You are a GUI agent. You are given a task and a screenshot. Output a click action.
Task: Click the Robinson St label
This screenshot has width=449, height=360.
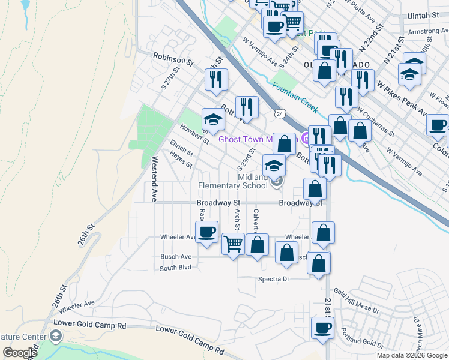coord(174,60)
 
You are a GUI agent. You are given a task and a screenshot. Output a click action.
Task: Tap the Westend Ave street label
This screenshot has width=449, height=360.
coord(154,179)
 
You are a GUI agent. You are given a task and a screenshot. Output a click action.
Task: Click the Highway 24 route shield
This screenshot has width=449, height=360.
coord(279,113)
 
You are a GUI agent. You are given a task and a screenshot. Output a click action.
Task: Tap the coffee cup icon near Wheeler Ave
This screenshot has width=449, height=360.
coord(207,232)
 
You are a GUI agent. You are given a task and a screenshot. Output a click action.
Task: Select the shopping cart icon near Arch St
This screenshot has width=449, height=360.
coord(233,244)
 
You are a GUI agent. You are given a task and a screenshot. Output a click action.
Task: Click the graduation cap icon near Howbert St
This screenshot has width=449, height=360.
coord(212,119)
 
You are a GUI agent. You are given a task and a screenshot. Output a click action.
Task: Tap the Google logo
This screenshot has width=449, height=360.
coord(20,352)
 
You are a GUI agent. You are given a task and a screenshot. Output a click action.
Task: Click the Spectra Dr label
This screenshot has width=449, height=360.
coord(274,280)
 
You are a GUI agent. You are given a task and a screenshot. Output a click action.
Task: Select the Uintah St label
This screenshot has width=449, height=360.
coord(427,15)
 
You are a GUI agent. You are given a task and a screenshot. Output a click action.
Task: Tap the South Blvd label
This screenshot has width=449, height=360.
coord(175,268)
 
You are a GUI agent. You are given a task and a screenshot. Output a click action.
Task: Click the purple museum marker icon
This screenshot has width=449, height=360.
coord(306,139)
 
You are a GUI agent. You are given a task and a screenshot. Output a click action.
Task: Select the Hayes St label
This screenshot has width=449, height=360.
coord(181,160)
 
